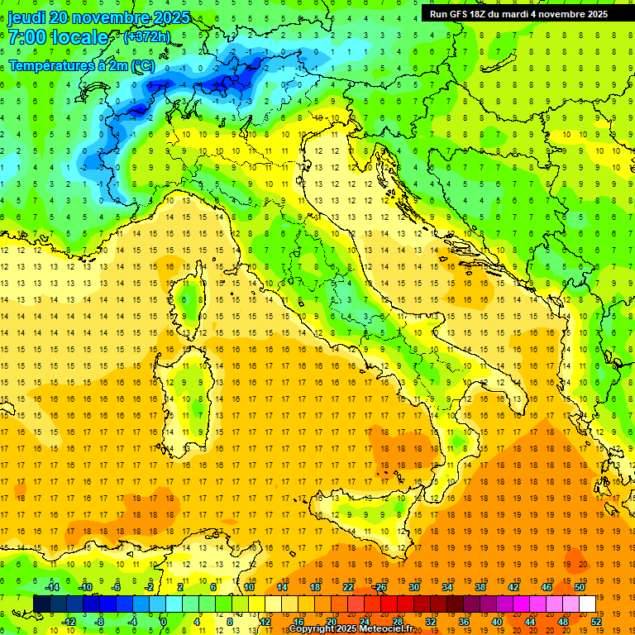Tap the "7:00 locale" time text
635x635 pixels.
tap(58, 37)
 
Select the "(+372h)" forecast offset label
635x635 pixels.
tap(147, 36)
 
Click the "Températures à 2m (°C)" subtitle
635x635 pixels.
tap(81, 65)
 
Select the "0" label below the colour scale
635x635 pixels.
tap(163, 621)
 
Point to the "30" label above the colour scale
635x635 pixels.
tap(413, 587)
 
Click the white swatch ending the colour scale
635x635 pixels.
tap(587, 604)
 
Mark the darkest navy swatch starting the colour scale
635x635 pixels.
tap(42, 604)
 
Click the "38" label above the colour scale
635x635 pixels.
tap(480, 587)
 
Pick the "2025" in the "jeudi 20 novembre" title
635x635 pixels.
tap(170, 17)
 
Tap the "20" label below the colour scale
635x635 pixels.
tap(330, 621)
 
